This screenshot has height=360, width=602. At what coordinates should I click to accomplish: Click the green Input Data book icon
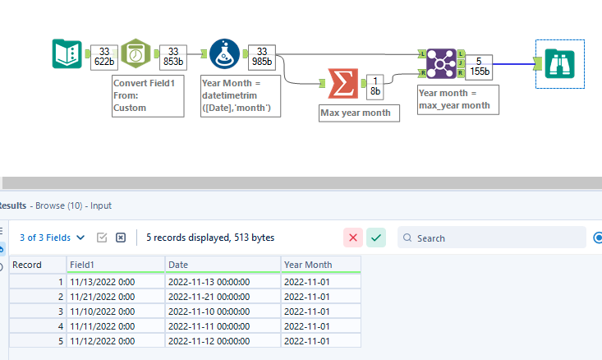(x=67, y=54)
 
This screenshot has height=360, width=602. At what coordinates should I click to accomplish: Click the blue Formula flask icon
(x=225, y=54)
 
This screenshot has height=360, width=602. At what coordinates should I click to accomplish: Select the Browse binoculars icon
(x=560, y=62)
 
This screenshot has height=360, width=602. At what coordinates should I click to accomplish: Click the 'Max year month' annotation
(x=360, y=113)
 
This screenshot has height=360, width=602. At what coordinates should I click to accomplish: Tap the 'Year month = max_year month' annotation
(x=453, y=99)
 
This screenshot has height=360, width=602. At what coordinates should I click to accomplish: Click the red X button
(x=354, y=238)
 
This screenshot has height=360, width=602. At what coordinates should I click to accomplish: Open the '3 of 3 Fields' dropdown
(x=52, y=238)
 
